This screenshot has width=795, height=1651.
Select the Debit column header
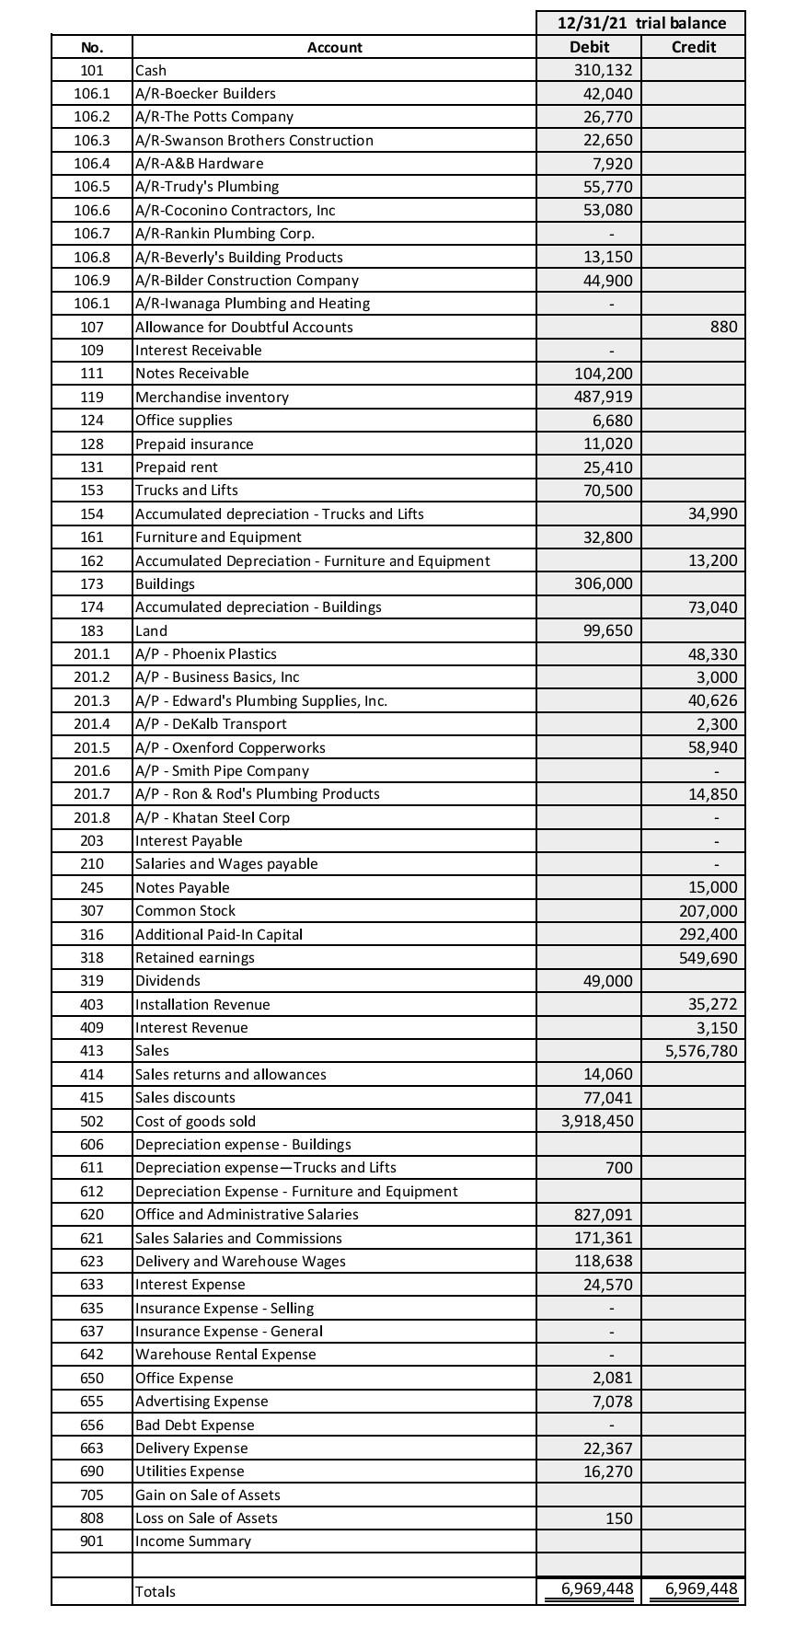pyautogui.click(x=589, y=47)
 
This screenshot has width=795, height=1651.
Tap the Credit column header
pyautogui.click(x=694, y=47)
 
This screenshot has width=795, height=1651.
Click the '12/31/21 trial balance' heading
pyautogui.click(x=641, y=23)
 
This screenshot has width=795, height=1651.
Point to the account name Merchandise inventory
pyautogui.click(x=212, y=397)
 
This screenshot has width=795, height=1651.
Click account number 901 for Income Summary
pyautogui.click(x=92, y=1541)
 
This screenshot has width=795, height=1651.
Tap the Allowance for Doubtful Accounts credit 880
pyautogui.click(x=723, y=327)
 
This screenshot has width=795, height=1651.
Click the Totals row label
pyautogui.click(x=156, y=1591)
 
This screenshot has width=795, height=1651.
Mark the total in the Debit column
pyautogui.click(x=597, y=1589)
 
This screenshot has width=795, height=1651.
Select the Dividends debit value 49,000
pyautogui.click(x=607, y=981)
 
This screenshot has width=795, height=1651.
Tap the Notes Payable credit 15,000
pyautogui.click(x=712, y=887)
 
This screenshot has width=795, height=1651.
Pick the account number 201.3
pyautogui.click(x=92, y=700)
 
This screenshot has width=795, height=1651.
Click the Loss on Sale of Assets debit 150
pyautogui.click(x=618, y=1518)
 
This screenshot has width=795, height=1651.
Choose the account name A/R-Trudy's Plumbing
pyautogui.click(x=207, y=187)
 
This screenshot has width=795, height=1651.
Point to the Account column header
pyautogui.click(x=334, y=47)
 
